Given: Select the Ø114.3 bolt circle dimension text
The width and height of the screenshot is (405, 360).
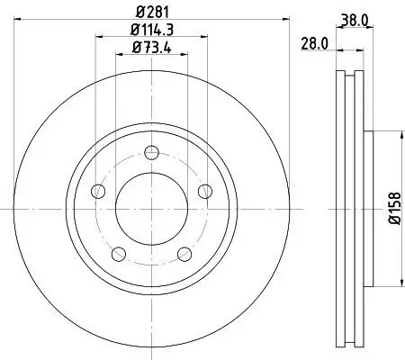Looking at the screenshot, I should point(151,31).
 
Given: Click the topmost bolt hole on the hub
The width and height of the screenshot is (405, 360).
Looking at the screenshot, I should point(151,152).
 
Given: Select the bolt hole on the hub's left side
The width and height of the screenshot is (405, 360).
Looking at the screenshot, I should point(97,190).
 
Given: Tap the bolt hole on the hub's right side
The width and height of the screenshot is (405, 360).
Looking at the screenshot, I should point(205,190).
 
